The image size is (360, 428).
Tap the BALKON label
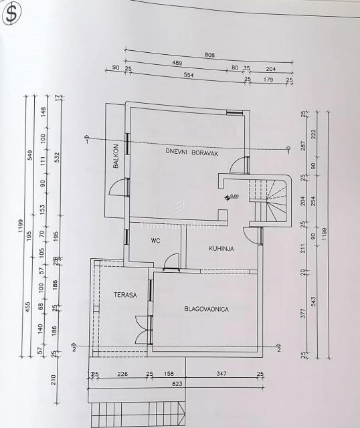116,156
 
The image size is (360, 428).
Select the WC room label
155,240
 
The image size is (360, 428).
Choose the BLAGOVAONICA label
207,309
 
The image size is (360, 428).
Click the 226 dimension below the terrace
123,374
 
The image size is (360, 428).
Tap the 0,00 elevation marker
233,197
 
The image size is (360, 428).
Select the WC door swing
173,260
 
